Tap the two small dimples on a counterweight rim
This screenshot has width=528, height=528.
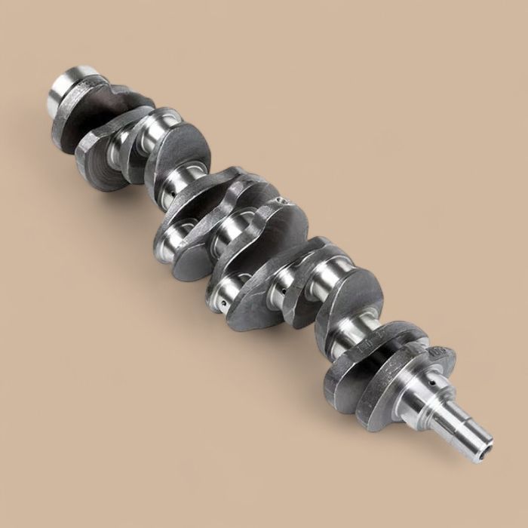tap(282, 201)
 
